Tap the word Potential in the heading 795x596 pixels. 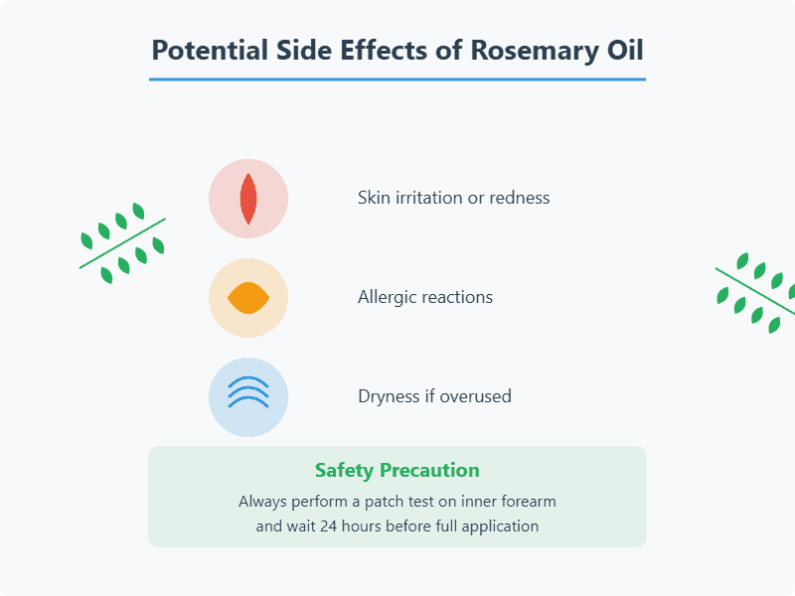[x=210, y=51]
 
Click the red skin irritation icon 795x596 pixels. [x=248, y=199]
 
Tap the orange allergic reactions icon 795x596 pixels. [x=248, y=298]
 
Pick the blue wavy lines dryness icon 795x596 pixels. [x=248, y=397]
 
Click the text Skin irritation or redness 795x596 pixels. [x=453, y=198]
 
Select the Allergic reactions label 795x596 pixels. [x=425, y=297]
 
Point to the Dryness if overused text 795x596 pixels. [x=434, y=395]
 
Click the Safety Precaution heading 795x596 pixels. [x=397, y=470]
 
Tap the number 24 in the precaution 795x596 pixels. [x=328, y=526]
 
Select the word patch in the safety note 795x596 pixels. [x=382, y=502]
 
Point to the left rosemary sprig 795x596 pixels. [x=122, y=243]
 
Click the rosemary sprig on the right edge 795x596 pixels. [x=755, y=293]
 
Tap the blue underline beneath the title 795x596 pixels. [x=397, y=79]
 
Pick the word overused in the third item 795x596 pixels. [x=475, y=395]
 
